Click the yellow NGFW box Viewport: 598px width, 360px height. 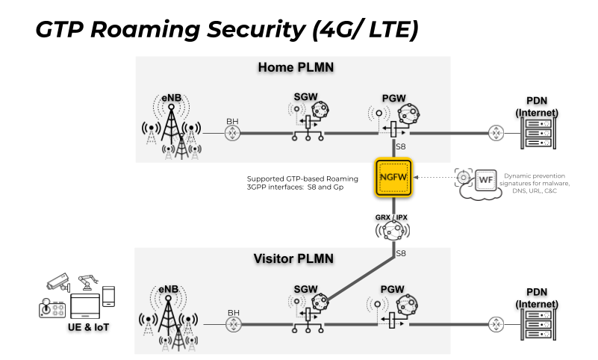coord(395,177)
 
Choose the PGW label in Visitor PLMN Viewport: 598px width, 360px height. coord(393,288)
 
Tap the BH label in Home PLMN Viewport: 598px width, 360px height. coord(232,121)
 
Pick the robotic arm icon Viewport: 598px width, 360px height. coord(87,282)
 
